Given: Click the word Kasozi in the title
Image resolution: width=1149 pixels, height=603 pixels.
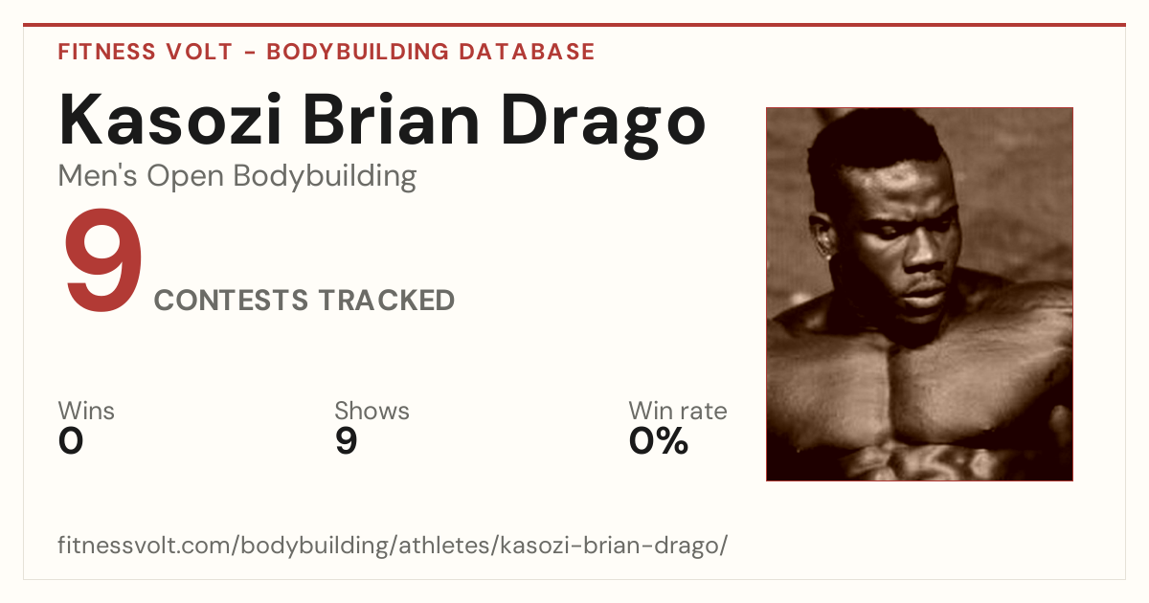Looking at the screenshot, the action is tap(170, 120).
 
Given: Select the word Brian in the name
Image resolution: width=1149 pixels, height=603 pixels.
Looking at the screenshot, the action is tap(391, 120).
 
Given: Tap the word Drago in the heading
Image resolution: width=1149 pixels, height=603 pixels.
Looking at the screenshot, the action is tap(603, 125).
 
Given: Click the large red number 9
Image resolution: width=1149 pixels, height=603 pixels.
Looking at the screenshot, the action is tap(103, 259).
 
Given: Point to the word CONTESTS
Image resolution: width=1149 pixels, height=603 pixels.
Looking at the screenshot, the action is tap(232, 300).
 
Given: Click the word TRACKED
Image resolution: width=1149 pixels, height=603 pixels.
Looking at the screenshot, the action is tap(387, 300).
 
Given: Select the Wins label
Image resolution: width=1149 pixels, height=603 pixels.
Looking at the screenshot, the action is tap(86, 411).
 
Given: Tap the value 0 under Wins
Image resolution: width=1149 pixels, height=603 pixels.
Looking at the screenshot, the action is tap(71, 441).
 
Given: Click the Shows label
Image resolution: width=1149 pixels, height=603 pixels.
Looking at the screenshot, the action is tap(372, 411).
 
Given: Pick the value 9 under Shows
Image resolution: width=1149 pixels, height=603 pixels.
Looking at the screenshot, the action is tap(347, 441).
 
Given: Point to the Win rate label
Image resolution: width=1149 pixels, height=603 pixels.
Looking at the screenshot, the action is tap(678, 411).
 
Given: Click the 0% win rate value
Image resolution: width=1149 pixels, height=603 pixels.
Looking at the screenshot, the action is tap(659, 441).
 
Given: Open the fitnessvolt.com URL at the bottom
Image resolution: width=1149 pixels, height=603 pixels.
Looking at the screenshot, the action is tap(393, 545).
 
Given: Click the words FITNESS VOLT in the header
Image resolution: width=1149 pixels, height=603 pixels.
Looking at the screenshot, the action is tap(146, 52).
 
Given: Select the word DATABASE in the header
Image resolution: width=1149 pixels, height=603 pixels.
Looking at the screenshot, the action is tap(527, 52).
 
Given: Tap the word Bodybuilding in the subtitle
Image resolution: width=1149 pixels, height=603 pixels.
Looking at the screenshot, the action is tap(325, 177).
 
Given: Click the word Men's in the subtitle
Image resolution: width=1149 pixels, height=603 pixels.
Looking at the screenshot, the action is tap(98, 175).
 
